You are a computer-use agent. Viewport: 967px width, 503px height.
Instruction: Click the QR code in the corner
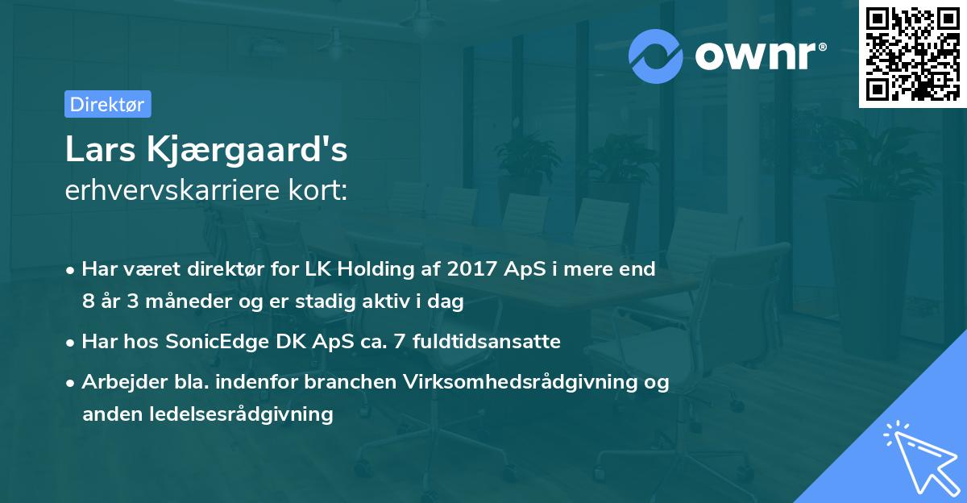(x=912, y=54)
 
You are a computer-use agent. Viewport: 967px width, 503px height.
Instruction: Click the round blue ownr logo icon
(x=656, y=56)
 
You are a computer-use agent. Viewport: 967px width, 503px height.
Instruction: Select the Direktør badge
(x=107, y=104)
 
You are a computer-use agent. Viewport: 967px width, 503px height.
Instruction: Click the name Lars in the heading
(x=99, y=150)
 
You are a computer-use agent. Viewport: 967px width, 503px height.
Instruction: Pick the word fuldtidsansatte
(x=487, y=342)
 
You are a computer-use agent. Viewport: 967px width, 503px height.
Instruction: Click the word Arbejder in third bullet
(x=116, y=382)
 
